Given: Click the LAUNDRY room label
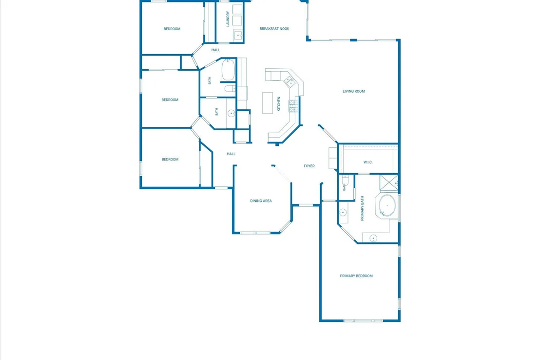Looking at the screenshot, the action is [x=228, y=19].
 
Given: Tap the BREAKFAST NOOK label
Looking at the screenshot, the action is [x=274, y=29].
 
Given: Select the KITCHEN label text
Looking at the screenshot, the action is [x=279, y=104].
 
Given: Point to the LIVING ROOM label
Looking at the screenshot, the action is [x=354, y=91].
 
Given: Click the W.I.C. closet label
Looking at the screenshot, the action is [x=368, y=162].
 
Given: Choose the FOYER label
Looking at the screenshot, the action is [x=309, y=166].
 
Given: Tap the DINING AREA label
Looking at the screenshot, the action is [x=261, y=200].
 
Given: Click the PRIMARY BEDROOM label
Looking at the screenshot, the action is [x=356, y=276].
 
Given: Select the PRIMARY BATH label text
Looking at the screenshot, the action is [x=362, y=208].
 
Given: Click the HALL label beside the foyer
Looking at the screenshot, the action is [x=231, y=154].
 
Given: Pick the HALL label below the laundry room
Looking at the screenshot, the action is [x=215, y=50].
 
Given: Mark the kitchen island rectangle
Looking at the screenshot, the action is [x=268, y=103].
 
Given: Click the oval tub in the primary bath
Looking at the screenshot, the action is [x=387, y=205].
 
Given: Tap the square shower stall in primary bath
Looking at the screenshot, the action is [x=389, y=183].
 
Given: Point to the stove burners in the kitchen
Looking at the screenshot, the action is [x=293, y=106].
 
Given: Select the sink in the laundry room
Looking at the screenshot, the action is [x=238, y=35].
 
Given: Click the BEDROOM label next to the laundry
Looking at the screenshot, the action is [x=172, y=29].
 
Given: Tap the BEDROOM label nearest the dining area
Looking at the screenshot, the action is [x=170, y=160].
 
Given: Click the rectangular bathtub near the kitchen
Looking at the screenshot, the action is [x=228, y=70].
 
